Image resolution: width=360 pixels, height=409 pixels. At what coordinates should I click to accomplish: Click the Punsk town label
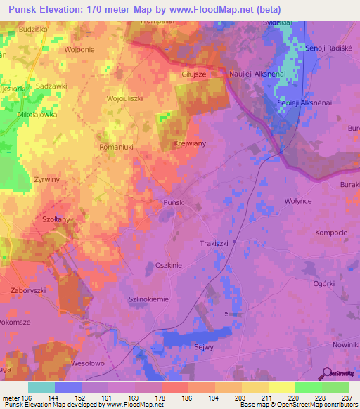coord(173,202)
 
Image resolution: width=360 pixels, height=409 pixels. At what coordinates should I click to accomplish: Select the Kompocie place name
coord(332,233)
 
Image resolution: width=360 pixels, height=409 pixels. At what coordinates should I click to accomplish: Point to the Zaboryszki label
coord(29,289)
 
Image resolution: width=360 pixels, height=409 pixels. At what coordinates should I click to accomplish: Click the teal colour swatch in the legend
coord(41,387)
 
